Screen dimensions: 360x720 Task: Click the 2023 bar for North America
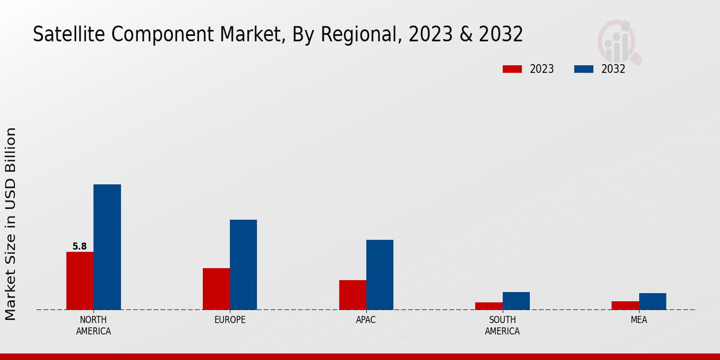(x=80, y=281)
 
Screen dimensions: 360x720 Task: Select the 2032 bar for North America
(x=107, y=247)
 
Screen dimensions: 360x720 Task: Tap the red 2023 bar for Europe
(x=216, y=289)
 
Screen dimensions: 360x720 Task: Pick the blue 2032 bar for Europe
(x=243, y=265)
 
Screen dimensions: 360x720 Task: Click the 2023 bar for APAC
(x=352, y=295)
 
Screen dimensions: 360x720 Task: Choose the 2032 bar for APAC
(x=380, y=275)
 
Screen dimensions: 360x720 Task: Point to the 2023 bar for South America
(x=488, y=306)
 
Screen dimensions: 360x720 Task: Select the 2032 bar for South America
(x=516, y=301)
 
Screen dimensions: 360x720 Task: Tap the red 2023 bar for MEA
(x=625, y=305)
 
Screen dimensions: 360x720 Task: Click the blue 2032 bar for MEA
(x=652, y=301)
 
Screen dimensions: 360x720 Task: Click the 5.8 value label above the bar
(x=79, y=246)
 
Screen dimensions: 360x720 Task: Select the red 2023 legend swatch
(x=512, y=69)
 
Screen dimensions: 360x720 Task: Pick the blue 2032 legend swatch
(x=583, y=69)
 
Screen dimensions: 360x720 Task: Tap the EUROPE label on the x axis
(x=230, y=320)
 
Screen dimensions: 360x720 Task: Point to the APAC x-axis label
(x=366, y=320)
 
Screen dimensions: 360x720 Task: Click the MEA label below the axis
(x=638, y=320)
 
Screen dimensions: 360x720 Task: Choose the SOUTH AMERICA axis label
(x=502, y=325)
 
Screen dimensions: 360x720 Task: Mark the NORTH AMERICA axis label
(x=94, y=325)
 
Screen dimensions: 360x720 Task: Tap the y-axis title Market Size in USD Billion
(x=11, y=223)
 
